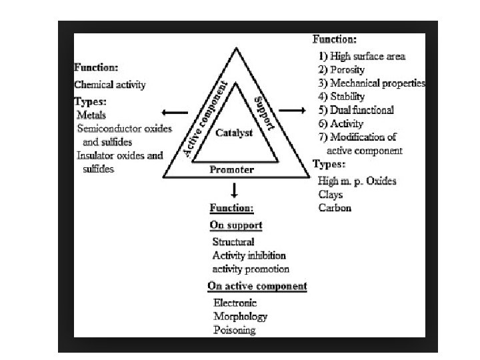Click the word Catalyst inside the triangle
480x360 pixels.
234,133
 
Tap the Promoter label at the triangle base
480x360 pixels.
231,170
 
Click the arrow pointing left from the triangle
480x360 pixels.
175,113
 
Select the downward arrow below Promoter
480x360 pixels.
233,189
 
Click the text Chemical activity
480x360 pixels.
110,85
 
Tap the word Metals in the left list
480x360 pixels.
91,115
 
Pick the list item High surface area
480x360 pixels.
367,57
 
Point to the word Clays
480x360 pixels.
331,194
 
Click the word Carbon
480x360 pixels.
335,207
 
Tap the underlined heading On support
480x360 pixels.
236,225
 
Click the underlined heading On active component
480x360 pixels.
257,286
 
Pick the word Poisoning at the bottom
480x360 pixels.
234,330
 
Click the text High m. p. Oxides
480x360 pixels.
357,181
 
